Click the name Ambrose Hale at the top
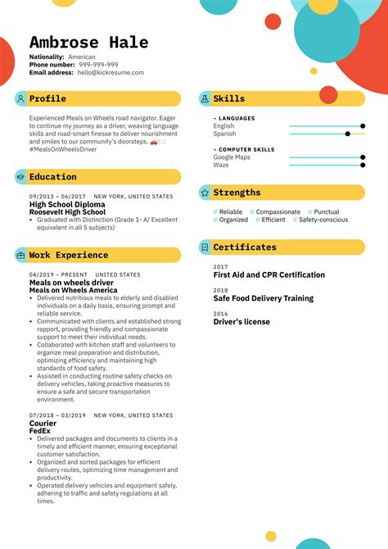click(89, 43)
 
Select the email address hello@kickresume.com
click(111, 72)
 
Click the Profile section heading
click(47, 98)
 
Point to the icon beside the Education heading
click(20, 177)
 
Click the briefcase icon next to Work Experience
click(20, 255)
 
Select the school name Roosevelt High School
click(68, 211)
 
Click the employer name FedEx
click(40, 430)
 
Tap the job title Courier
click(43, 423)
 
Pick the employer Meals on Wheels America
click(73, 289)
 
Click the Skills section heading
click(228, 98)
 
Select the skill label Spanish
click(224, 134)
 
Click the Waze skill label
click(221, 165)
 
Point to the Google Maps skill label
click(232, 157)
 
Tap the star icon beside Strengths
click(205, 193)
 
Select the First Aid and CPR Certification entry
click(268, 275)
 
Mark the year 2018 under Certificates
click(220, 290)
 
